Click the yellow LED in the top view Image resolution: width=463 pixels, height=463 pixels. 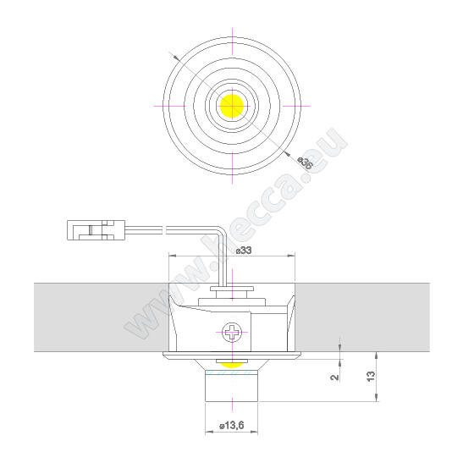231,106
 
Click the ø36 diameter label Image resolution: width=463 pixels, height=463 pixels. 304,161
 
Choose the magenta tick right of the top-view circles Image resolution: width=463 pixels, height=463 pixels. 306,106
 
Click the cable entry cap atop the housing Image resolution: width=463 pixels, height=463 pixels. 231,294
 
